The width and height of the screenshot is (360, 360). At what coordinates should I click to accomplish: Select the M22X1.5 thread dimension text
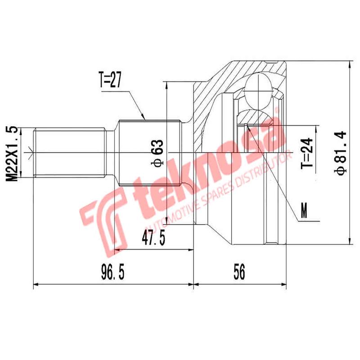point(13,153)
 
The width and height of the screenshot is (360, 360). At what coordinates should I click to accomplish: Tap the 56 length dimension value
point(239,273)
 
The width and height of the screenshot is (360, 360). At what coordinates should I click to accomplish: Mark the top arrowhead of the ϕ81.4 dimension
point(350,63)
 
